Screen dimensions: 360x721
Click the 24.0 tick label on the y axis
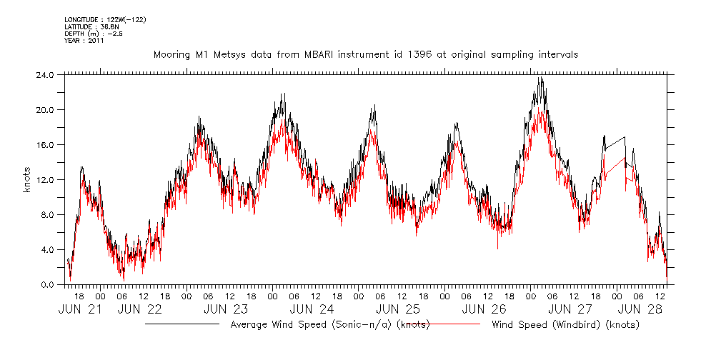pos(45,75)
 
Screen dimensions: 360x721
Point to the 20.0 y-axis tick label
pos(45,110)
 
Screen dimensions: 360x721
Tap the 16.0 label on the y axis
pos(45,145)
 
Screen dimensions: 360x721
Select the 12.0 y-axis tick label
pos(45,180)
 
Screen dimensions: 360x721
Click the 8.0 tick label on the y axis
pos(47,215)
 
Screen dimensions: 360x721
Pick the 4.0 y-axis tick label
pos(47,250)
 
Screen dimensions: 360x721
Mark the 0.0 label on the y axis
pos(47,285)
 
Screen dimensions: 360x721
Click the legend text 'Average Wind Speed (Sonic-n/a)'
pos(312,325)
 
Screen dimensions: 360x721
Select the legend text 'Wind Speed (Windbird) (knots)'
pos(565,325)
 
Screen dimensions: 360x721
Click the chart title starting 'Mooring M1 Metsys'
pos(366,54)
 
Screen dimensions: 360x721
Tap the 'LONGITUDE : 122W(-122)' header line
pos(105,19)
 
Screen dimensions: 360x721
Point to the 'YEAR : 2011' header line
pos(84,41)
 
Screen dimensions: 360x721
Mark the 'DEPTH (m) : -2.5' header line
pos(94,34)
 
